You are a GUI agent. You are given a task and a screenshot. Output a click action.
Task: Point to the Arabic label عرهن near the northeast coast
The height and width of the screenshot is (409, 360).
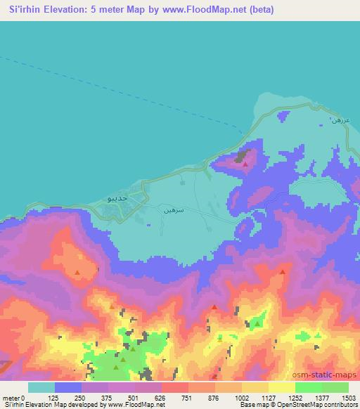340,119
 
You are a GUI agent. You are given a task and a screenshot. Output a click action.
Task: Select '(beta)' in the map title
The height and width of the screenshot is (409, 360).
259,10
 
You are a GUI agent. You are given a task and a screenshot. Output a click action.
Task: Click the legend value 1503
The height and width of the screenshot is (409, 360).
349,397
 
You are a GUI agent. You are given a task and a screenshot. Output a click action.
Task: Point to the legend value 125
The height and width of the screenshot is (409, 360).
53,397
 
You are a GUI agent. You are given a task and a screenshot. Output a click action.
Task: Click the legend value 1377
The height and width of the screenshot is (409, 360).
322,397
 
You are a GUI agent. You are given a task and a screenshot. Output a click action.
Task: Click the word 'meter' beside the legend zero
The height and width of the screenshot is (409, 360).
10,397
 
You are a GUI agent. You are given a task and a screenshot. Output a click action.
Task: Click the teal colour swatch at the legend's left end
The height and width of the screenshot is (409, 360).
41,387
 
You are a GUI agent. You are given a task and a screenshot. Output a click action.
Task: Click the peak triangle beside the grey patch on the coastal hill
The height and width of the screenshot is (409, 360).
244,164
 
